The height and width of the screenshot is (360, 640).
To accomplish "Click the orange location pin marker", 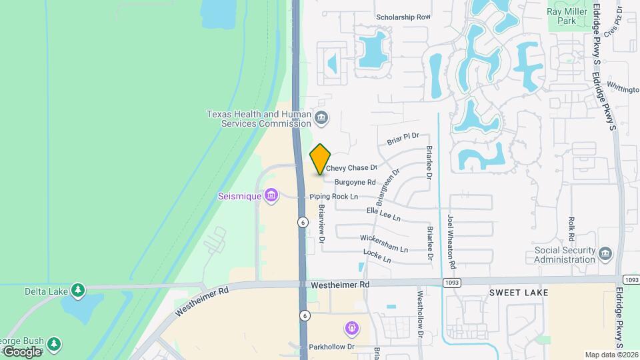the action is pos(321,159).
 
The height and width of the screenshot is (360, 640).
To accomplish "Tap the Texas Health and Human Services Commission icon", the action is pos(321,119).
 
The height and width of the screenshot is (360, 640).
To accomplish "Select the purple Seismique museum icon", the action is pos(271,196).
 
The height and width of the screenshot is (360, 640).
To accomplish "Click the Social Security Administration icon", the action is pos(605,254).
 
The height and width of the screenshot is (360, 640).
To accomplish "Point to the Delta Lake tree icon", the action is pos(79,291).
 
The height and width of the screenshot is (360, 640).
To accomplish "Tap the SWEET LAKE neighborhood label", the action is pos(519,293).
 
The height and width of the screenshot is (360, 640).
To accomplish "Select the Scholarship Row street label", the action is pos(403,17).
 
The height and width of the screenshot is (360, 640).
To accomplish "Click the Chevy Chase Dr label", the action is pos(352,168).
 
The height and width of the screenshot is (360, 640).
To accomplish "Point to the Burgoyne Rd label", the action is pos(355,181).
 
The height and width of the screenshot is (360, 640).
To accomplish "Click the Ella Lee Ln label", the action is pos(383,214).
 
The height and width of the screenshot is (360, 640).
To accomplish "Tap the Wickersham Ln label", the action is pos(383,243).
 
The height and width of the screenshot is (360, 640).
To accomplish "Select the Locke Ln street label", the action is pos(377,255).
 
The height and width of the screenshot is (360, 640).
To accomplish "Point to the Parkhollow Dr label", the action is pos(331,347).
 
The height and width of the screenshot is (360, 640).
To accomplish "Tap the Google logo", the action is pos(22,351).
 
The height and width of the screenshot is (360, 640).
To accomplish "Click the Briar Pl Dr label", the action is pos(402,139).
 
